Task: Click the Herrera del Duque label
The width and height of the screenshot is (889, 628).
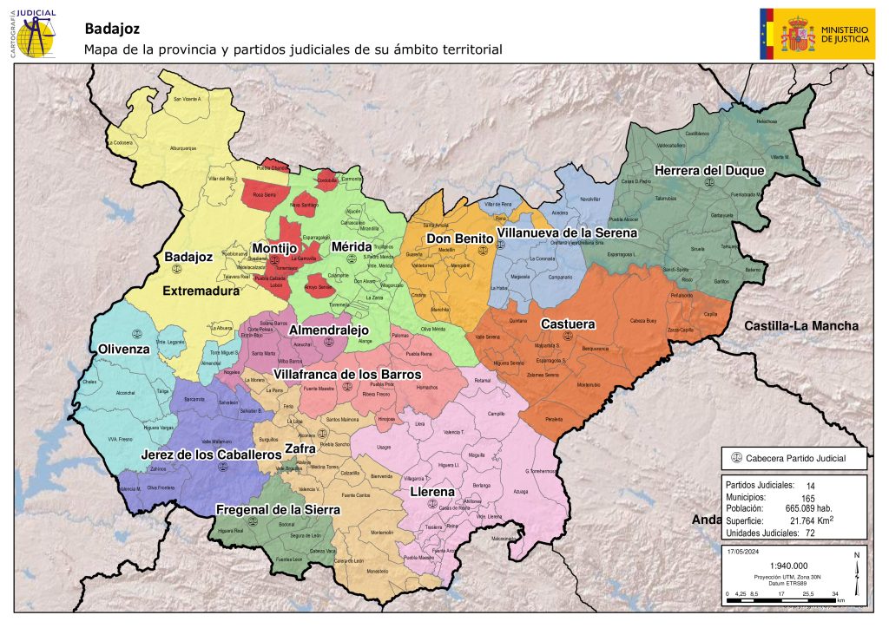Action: (709, 171)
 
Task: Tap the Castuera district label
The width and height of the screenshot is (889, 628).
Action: (568, 324)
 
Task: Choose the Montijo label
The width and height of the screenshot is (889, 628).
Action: (274, 248)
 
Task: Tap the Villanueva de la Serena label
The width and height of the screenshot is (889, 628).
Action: (568, 233)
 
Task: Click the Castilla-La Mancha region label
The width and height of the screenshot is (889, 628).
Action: (800, 326)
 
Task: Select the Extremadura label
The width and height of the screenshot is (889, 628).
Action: (201, 291)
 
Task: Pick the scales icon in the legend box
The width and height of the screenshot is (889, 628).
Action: (737, 458)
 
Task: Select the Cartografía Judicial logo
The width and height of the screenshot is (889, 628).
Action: (35, 32)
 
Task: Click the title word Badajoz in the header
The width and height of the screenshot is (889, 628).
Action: (112, 29)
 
